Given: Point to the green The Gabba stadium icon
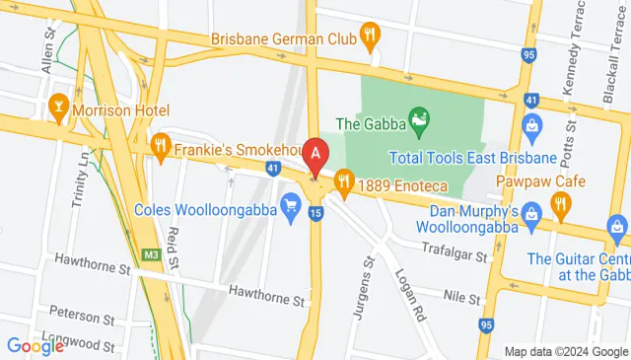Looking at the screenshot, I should coord(418,123).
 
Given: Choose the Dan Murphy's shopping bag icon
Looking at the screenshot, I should coord(531,213).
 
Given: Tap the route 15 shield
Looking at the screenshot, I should coord(315,213).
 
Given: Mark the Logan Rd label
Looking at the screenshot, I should coord(409,290).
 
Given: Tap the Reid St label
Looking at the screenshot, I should coord(172,247).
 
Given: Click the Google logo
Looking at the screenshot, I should coord(35,345).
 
